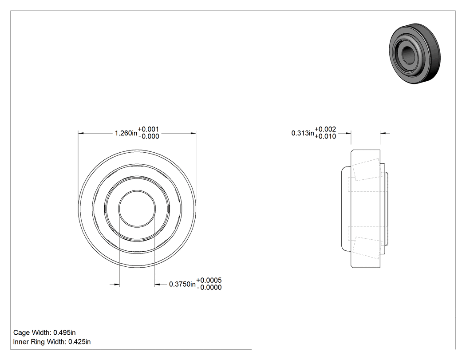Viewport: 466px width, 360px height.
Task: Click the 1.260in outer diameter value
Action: click(x=126, y=133)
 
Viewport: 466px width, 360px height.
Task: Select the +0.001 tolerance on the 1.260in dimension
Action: click(x=148, y=129)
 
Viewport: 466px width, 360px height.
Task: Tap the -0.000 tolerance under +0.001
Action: click(x=148, y=136)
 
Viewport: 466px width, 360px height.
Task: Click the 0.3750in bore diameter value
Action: click(x=182, y=284)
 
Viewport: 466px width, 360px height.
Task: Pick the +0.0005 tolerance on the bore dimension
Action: click(x=209, y=281)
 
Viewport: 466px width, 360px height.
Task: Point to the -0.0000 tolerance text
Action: click(x=209, y=288)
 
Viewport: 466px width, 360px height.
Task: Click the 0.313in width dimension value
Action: click(x=303, y=133)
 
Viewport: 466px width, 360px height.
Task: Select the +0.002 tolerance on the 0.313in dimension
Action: click(x=325, y=129)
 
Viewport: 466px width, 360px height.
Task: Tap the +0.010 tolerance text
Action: click(x=325, y=136)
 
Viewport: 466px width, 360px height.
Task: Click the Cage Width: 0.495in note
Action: click(x=44, y=332)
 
